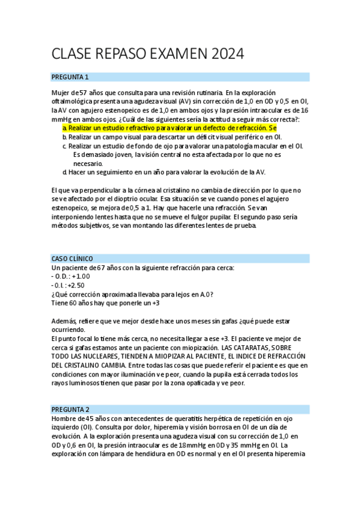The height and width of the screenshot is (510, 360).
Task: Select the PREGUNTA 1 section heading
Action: tap(70, 77)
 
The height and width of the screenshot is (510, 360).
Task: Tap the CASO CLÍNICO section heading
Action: tap(72, 258)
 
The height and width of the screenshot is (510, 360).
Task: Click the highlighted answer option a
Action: tap(169, 128)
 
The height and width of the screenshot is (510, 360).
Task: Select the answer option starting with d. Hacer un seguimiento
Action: tap(164, 172)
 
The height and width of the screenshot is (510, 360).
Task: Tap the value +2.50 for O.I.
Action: tap(76, 285)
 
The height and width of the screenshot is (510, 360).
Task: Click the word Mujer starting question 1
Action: tap(61, 93)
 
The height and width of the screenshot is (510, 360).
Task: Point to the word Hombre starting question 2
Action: tap(64, 419)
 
